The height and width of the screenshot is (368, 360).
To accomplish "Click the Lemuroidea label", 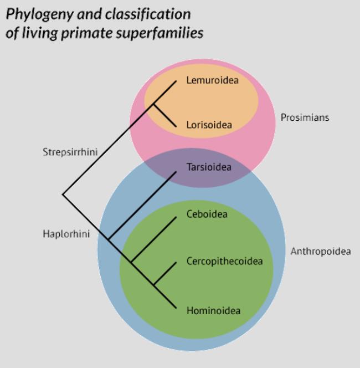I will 212,81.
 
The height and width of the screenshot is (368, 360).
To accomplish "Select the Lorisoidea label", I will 209,125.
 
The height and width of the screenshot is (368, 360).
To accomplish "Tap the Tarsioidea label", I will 209,166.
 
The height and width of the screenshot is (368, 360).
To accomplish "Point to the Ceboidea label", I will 207,214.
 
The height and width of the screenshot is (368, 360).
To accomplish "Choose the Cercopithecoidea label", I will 224,262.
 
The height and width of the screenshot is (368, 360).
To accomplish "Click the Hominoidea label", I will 213,310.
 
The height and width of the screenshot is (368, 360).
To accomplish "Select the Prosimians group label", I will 304,117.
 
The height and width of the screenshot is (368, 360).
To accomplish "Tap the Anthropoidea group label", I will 321,252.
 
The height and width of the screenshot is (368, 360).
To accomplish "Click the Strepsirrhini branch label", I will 66,152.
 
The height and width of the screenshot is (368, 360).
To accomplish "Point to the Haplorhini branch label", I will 66,234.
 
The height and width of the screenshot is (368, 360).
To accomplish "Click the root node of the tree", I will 63,195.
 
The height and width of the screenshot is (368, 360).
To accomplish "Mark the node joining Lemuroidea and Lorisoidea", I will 154,103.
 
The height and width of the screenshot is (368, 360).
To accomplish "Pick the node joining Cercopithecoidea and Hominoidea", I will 154,285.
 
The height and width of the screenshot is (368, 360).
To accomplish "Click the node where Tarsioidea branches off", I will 109,239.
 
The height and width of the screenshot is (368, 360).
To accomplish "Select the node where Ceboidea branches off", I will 131,261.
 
